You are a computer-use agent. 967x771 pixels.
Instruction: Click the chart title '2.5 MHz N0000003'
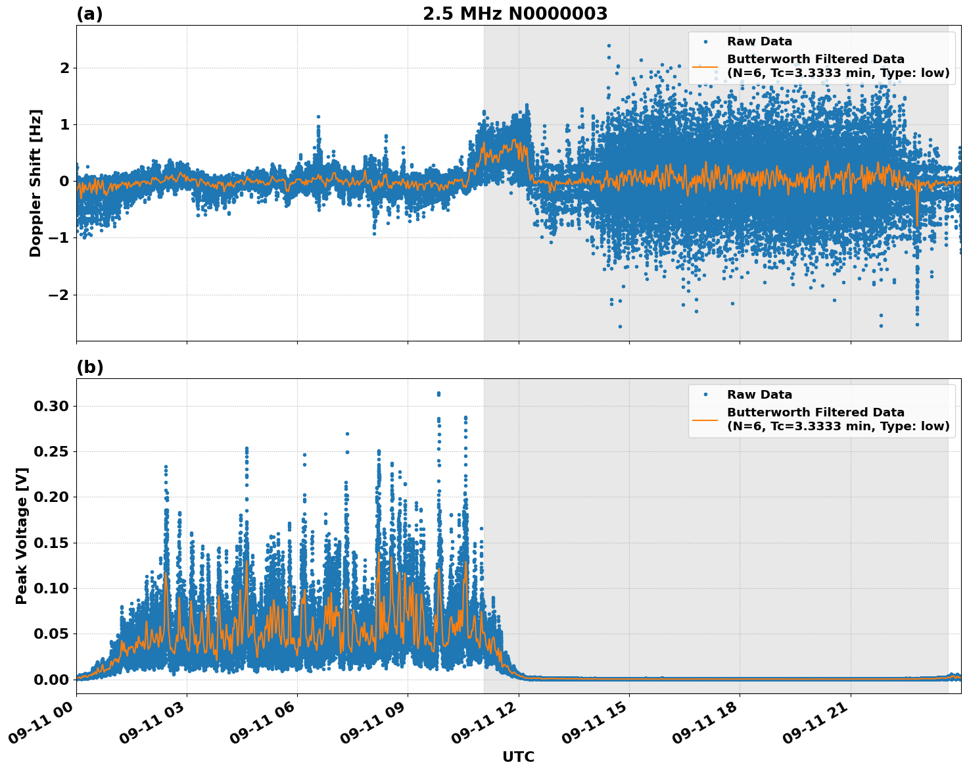click(515, 14)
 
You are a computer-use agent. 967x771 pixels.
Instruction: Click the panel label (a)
click(89, 14)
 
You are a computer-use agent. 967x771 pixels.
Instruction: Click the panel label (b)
click(89, 367)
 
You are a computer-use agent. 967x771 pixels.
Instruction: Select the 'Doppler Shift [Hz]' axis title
click(35, 183)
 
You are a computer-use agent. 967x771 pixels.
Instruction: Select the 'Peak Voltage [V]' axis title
click(22, 536)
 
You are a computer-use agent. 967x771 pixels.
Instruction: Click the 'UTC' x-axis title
click(518, 757)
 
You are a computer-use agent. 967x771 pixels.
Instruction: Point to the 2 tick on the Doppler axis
click(64, 68)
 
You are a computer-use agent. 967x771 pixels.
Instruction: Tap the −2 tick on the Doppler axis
click(60, 295)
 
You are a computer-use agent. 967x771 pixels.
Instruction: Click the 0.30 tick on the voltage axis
click(51, 407)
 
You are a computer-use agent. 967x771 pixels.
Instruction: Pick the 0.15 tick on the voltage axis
click(51, 543)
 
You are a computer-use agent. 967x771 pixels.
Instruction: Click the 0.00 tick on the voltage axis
click(51, 680)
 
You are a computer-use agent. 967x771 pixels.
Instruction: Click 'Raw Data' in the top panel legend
click(759, 41)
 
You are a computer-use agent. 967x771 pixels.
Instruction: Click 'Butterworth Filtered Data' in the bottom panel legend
click(815, 412)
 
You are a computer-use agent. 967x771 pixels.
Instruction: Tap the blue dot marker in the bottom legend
click(705, 395)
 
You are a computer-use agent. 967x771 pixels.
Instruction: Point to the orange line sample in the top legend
click(705, 66)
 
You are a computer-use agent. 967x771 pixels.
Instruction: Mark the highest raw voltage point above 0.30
click(438, 393)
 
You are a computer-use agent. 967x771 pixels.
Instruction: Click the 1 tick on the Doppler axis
click(64, 124)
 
